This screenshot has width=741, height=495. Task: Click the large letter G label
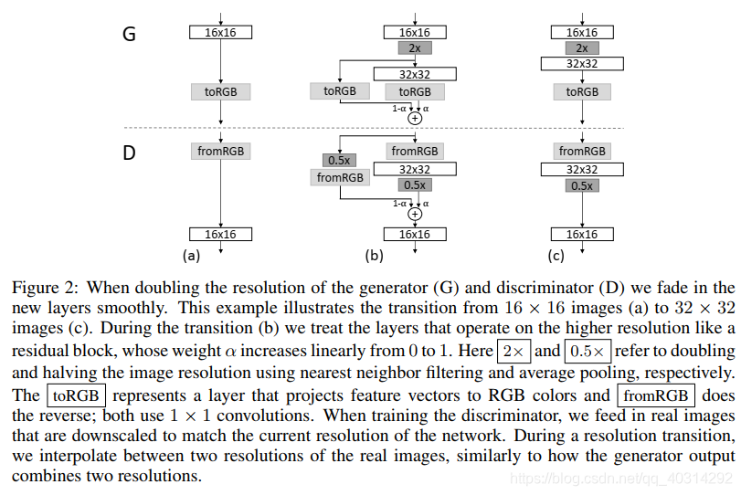click(x=129, y=35)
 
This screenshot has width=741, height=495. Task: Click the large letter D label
click(x=129, y=153)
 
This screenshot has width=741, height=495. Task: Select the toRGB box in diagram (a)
click(x=220, y=91)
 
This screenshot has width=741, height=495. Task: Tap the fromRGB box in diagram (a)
click(x=220, y=151)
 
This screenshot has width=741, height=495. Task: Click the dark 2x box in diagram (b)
click(x=414, y=48)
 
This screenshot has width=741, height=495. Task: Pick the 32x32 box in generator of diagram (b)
click(x=414, y=75)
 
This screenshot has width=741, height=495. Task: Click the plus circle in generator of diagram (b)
click(x=415, y=118)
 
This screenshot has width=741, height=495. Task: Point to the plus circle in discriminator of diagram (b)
click(x=415, y=214)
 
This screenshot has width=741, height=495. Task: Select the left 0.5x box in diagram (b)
click(x=340, y=161)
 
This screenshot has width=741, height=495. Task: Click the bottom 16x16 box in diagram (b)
click(x=414, y=235)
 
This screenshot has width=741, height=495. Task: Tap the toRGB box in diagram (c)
click(x=582, y=91)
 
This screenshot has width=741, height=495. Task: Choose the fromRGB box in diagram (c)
click(x=582, y=151)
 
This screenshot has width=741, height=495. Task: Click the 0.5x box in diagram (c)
click(x=582, y=185)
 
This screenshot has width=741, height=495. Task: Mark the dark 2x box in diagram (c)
click(x=582, y=47)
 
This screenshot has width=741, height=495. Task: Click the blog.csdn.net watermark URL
click(x=621, y=478)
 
